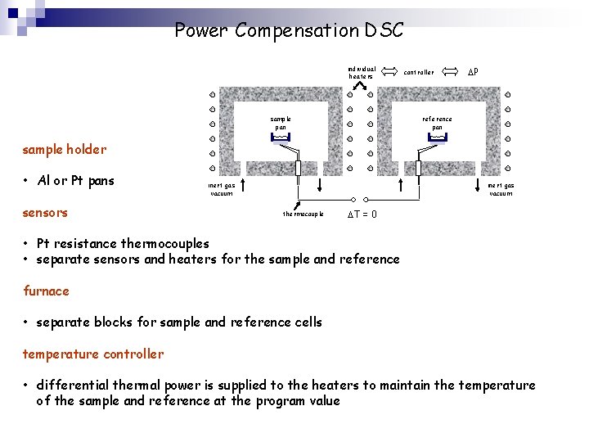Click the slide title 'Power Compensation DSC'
pos(289,31)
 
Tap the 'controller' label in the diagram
pos(419,73)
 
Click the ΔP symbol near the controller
pos(473,72)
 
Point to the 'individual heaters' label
pos(362,73)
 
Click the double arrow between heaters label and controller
pos(389,72)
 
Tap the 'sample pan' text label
pos(281,123)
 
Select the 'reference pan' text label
pos(437,123)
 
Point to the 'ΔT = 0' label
pos(362,214)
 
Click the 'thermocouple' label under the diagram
pos(303,214)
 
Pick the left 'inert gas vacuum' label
pos(222,189)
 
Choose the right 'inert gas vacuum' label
pos(501,189)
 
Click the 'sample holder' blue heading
pos(64,149)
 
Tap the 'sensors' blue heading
pos(45,213)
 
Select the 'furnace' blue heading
pos(46,291)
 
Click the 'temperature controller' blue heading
pos(92,354)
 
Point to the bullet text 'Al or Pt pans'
pos(76,181)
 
